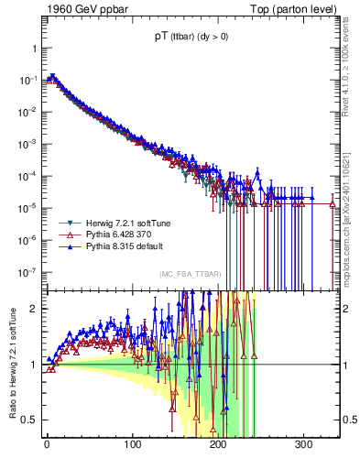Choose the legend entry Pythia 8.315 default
pyautogui.click(x=119, y=246)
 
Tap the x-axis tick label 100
pyautogui.click(x=133, y=446)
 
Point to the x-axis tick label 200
pyautogui.click(x=218, y=446)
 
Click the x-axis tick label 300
pyautogui.click(x=304, y=446)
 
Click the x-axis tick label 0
pyautogui.click(x=47, y=446)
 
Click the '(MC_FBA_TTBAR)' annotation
pyautogui.click(x=190, y=274)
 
